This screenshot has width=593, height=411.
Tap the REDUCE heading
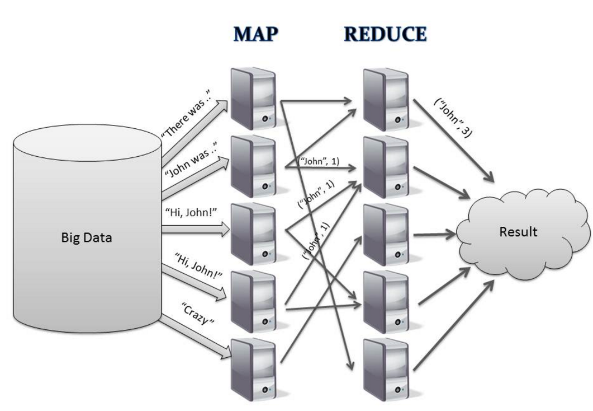tap(385, 35)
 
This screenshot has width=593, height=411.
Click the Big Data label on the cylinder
tap(86, 237)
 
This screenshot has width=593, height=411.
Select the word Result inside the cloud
tap(518, 231)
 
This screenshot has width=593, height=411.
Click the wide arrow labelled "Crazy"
tap(196, 337)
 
